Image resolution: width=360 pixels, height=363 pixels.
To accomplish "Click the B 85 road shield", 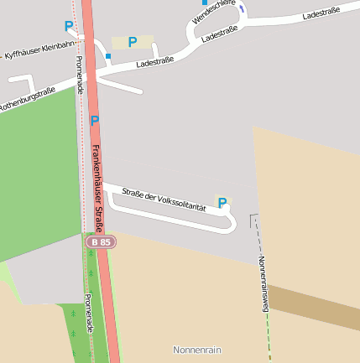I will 101,241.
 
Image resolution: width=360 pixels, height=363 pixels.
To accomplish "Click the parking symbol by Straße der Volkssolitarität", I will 222,203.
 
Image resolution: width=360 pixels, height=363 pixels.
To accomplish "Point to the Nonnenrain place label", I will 196,350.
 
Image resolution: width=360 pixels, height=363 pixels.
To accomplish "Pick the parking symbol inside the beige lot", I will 132,41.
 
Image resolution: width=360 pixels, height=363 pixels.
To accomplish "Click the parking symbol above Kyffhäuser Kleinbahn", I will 68,26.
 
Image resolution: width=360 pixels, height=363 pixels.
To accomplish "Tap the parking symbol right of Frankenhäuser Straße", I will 94,121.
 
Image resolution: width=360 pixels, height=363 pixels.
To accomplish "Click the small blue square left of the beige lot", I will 108,56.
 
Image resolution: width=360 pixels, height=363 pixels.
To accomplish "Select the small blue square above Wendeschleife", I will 205,3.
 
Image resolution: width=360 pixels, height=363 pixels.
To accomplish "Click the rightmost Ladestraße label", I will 321,13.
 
